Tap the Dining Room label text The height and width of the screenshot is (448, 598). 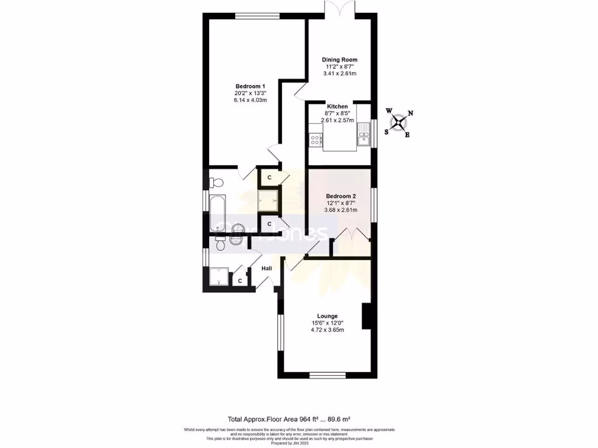point(339,60)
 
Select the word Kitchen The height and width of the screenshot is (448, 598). point(338,106)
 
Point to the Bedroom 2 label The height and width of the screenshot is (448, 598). point(341,196)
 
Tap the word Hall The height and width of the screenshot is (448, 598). point(266,268)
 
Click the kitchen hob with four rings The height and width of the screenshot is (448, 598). point(315,139)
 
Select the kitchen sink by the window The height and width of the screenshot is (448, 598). point(364,138)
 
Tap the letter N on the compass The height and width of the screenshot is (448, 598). point(411,114)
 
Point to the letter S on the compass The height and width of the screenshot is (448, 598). point(386,131)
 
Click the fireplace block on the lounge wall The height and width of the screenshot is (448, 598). point(367,316)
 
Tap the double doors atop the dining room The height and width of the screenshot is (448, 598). point(339,8)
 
